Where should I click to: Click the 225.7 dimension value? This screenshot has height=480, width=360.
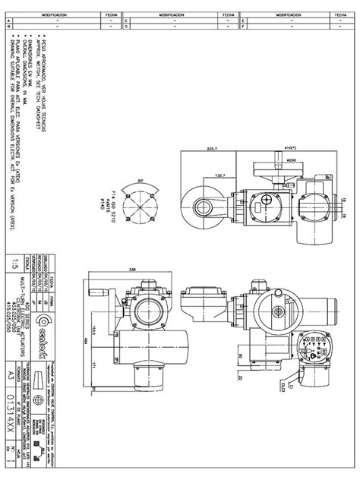[x=211, y=149]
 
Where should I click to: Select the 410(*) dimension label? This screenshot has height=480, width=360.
[x=291, y=149]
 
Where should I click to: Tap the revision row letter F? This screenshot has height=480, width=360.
[x=242, y=27]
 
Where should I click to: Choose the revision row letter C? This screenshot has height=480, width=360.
[x=125, y=21]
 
